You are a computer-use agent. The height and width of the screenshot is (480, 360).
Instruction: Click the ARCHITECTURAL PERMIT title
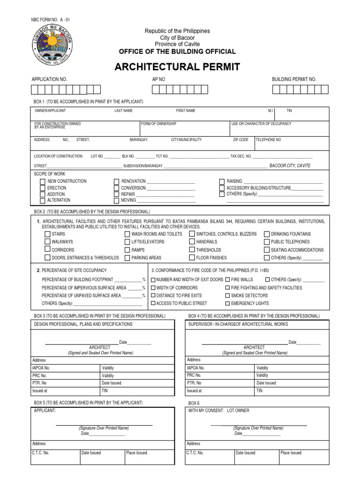pos(178,67)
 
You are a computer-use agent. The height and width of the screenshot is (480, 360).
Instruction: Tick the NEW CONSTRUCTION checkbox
pos(43,181)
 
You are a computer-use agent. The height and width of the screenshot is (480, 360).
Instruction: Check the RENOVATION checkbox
pos(117,181)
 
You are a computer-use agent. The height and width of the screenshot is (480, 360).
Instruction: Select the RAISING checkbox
pos(222,181)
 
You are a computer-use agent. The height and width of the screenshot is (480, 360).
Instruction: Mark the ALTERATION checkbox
pos(43,200)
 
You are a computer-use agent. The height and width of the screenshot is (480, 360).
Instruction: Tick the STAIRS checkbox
pos(47,234)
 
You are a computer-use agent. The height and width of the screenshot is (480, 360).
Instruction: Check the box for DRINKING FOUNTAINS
pos(267,234)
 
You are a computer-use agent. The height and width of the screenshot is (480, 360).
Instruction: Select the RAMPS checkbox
pos(127,250)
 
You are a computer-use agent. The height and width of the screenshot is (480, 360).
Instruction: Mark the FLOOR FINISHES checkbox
pos(192,257)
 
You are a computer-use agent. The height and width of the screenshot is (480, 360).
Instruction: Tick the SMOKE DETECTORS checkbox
pos(227,296)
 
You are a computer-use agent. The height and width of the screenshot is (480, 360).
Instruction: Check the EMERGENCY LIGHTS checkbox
pos(227,304)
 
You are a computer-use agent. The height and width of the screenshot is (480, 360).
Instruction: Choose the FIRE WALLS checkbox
pos(227,279)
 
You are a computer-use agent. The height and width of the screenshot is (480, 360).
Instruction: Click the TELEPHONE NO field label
pos(269,140)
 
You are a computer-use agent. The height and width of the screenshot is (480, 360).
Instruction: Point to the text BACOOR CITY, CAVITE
pos(290,166)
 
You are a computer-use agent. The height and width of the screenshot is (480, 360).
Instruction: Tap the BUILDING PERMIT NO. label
pos(294,79)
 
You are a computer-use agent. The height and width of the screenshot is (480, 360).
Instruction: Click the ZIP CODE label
pos(240,140)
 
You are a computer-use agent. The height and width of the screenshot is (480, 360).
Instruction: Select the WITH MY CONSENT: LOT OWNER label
pos(219,411)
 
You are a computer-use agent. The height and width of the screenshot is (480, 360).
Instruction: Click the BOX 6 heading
pos(194,403)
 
